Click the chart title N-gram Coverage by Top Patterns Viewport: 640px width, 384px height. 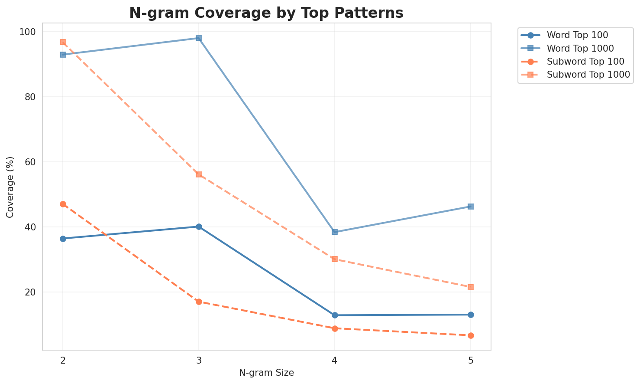click(266, 13)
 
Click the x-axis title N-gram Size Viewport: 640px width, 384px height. click(266, 373)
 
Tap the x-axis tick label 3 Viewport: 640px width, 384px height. click(199, 361)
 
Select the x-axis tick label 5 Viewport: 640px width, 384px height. click(471, 361)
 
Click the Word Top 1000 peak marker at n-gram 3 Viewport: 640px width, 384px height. click(199, 38)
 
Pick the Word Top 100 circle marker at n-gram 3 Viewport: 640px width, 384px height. click(199, 226)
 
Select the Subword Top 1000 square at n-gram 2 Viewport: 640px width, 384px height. click(63, 42)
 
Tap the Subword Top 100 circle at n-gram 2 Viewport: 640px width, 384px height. click(63, 204)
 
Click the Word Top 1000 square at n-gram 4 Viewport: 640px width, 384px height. click(335, 232)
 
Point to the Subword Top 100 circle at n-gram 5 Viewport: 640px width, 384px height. click(471, 335)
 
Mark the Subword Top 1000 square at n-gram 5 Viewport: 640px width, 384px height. click(471, 287)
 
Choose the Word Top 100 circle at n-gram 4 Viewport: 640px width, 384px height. click(335, 315)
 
